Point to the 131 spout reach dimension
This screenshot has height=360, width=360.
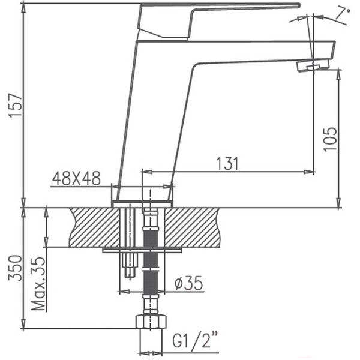pyautogui.click(x=227, y=163)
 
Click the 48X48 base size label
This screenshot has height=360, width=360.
pyautogui.click(x=76, y=178)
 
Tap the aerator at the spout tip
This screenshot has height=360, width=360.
pyautogui.click(x=313, y=65)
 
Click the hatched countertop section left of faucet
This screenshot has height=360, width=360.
pyautogui.click(x=93, y=227)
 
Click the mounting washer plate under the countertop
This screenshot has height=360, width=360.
pyautogui.click(x=142, y=250)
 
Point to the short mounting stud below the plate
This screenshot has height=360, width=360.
pyautogui.click(x=129, y=266)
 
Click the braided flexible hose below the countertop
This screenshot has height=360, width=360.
pyautogui.click(x=151, y=270)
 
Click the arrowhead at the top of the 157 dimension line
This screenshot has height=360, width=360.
pyautogui.click(x=23, y=6)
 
